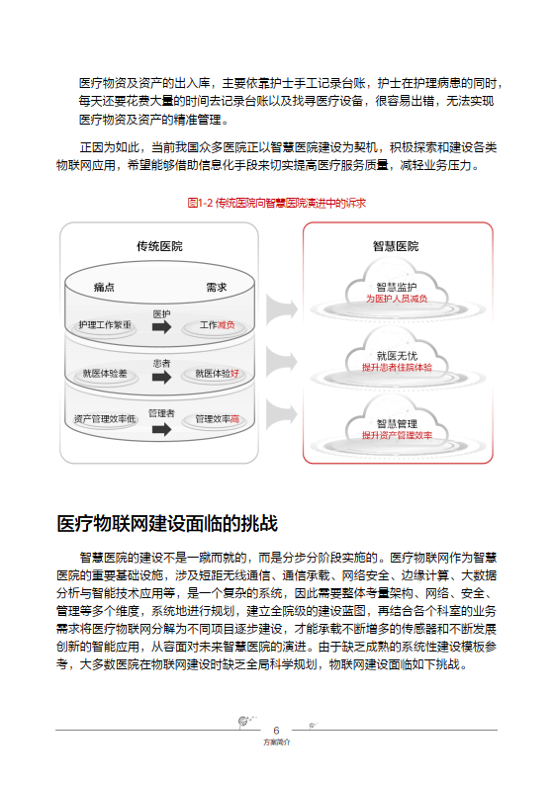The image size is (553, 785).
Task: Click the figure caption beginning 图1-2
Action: click(276, 203)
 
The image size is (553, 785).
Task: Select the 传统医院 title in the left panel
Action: click(158, 246)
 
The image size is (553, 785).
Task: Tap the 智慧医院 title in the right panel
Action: click(396, 246)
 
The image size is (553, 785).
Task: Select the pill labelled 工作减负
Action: click(217, 325)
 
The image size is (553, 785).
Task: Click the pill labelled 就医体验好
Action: click(217, 374)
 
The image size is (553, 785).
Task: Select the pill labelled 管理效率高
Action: click(217, 419)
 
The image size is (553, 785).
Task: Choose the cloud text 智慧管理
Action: click(396, 423)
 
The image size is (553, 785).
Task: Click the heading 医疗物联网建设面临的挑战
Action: click(167, 523)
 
